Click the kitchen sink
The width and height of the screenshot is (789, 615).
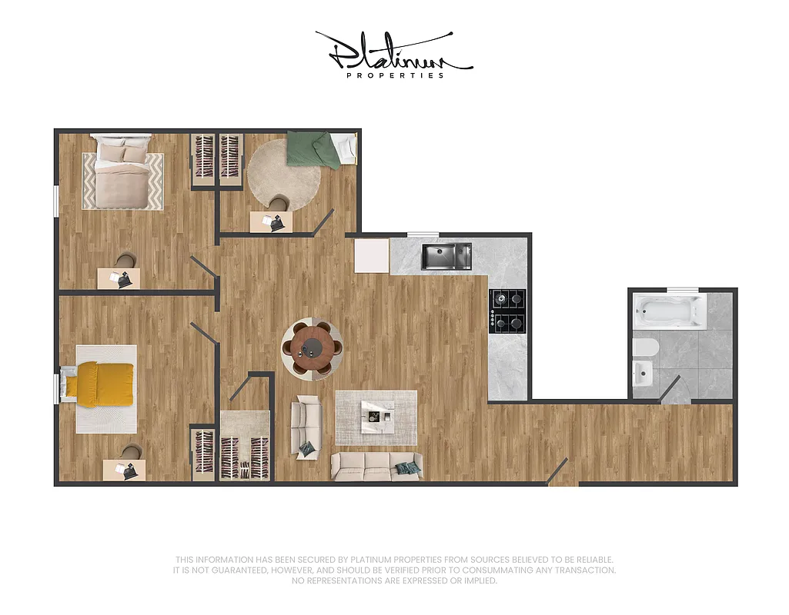tap(446, 256)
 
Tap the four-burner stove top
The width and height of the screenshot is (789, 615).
tap(508, 310)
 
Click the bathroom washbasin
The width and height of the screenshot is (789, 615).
tap(641, 374)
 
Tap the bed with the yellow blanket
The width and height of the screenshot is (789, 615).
tap(98, 384)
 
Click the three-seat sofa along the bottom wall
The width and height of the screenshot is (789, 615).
tap(376, 465)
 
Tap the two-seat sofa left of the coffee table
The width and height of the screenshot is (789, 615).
tap(306, 427)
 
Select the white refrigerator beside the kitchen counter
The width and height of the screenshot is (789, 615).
tap(372, 255)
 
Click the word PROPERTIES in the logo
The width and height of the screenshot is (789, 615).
tap(395, 75)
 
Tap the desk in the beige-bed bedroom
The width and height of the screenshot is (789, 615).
tap(119, 278)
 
